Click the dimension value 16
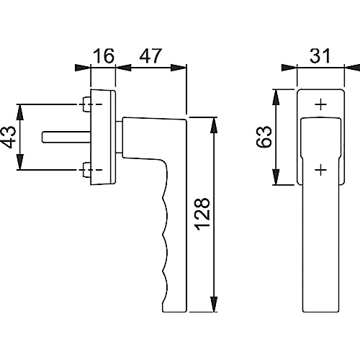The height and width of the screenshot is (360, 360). tap(104, 56)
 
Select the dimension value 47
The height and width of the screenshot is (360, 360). tap(150, 56)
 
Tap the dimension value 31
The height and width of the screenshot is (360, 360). tap(320, 56)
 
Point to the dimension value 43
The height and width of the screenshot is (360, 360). tap(9, 137)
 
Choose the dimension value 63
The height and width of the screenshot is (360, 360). tap(264, 137)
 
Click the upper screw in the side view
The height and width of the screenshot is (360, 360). tap(86, 104)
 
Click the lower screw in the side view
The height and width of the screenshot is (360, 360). tap(86, 170)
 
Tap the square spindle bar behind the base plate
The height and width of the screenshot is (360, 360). tap(66, 138)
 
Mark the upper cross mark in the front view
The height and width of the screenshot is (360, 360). tap(321, 104)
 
